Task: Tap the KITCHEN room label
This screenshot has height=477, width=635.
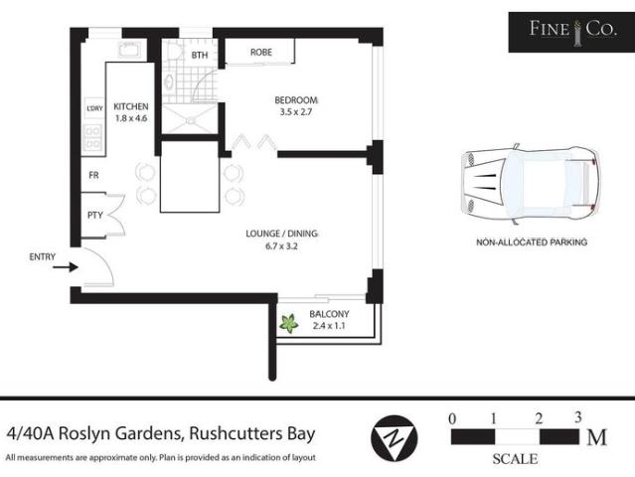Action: coord(131,106)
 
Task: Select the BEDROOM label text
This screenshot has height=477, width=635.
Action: coord(296,99)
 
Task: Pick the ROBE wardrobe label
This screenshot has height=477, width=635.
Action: coord(261,53)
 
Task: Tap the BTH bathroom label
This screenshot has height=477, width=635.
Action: coord(199,56)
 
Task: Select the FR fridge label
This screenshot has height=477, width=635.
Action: coord(93,175)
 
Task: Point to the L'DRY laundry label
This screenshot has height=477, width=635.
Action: coord(95,108)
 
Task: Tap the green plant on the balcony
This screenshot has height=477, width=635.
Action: coord(290,322)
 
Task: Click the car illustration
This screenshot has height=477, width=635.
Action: coord(530,184)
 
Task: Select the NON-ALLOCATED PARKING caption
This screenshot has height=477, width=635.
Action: coord(532,241)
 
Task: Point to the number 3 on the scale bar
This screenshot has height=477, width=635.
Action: coord(577,416)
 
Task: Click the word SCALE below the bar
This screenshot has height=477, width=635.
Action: coord(515,459)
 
